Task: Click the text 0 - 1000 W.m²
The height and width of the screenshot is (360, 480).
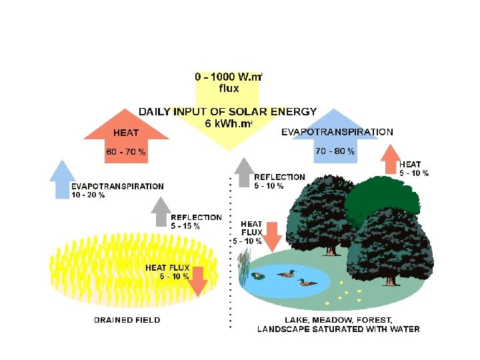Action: click(x=228, y=77)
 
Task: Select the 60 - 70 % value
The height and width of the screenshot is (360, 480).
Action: click(x=126, y=152)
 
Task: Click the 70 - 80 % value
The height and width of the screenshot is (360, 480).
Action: click(x=335, y=151)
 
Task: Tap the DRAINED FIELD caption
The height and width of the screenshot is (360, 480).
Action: click(x=127, y=320)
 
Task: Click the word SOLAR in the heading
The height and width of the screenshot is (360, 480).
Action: click(x=249, y=111)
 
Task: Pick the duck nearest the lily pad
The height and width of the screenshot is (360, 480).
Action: click(x=287, y=273)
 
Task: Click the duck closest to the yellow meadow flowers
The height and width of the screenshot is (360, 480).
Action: click(x=308, y=282)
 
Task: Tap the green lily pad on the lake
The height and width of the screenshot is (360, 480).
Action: click(x=259, y=275)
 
